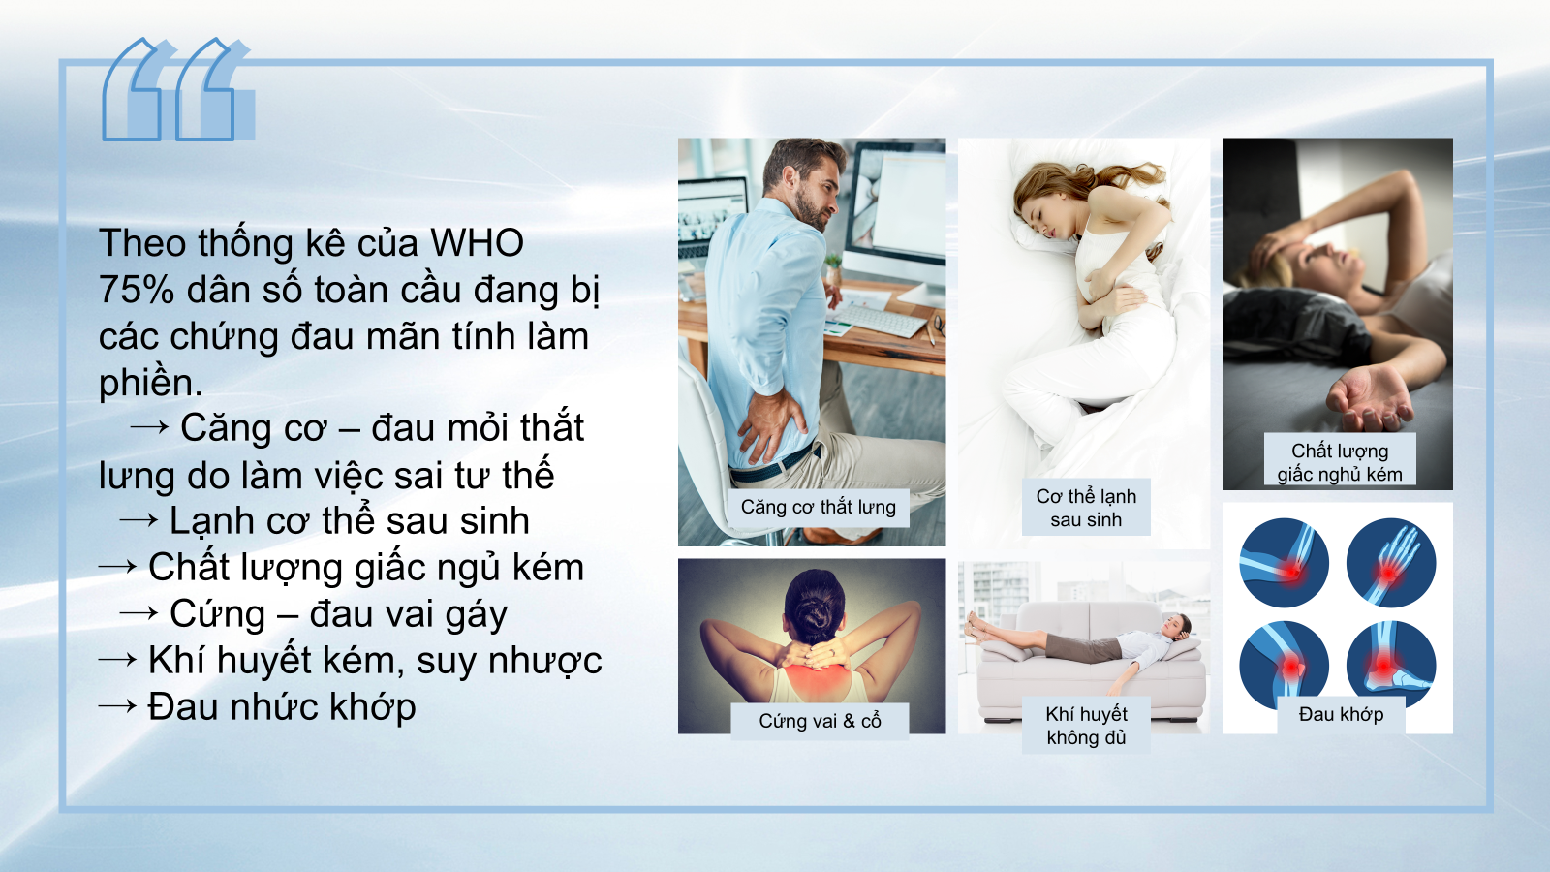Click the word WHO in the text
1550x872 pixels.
tap(477, 243)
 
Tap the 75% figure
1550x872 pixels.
tap(137, 290)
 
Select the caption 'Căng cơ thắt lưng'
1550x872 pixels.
tap(819, 507)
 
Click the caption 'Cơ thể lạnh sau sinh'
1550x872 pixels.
tap(1086, 508)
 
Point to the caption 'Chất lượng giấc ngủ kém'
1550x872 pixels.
tap(1339, 461)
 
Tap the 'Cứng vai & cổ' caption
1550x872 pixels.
tap(820, 721)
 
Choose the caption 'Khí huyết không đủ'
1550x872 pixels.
tap(1086, 725)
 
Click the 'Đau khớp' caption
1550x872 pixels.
tap(1341, 714)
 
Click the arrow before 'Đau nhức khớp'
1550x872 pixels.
tap(117, 706)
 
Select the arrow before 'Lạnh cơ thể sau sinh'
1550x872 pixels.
tap(139, 520)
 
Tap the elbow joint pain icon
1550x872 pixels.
tap(1284, 563)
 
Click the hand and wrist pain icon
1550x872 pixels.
tap(1391, 563)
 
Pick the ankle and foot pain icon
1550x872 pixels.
tap(1391, 665)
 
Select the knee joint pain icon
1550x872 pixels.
tap(1284, 665)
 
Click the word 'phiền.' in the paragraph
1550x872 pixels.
tap(150, 383)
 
